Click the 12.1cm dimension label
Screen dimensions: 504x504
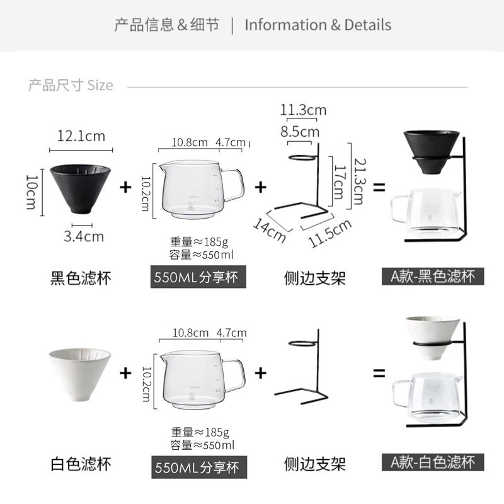point(81,136)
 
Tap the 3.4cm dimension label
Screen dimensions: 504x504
point(84,237)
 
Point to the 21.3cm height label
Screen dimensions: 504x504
point(359,181)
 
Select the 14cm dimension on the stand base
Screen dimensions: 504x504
point(270,230)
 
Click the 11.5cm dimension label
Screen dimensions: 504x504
point(329,233)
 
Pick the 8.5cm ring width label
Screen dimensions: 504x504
point(300,132)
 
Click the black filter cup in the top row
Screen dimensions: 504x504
point(80,189)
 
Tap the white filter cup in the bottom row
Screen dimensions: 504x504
point(80,374)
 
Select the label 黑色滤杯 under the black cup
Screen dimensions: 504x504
point(81,278)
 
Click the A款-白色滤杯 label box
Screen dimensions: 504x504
point(433,462)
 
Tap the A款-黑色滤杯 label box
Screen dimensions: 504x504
point(433,276)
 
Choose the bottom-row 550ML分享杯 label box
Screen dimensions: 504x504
point(199,467)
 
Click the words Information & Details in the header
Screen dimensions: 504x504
point(318,25)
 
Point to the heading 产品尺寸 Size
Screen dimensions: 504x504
point(71,85)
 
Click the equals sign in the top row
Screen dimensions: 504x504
point(379,187)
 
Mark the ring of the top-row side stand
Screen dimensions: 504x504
point(302,157)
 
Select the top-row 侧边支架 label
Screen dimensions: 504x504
point(314,278)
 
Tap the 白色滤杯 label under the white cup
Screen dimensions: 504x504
point(81,464)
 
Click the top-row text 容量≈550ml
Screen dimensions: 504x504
point(202,255)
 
